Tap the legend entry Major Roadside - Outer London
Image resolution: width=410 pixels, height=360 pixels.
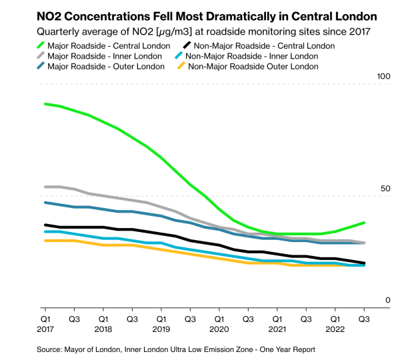106,66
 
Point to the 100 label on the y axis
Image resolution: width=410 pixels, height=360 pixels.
383,77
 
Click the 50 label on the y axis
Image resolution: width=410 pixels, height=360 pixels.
385,189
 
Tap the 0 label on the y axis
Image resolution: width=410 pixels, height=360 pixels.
387,301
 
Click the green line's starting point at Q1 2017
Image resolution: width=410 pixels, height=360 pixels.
45,104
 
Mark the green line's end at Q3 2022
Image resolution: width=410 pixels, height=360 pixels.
364,223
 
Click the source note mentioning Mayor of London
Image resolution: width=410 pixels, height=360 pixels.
176,349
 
